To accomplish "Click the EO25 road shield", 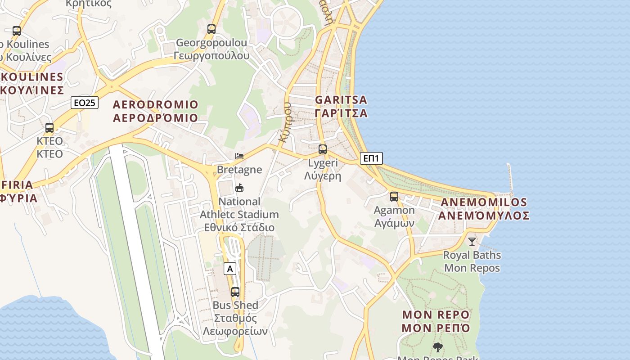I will [x=85, y=103].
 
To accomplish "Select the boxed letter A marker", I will [x=230, y=269].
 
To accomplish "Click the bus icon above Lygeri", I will [x=323, y=149].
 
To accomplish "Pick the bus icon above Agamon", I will [x=394, y=197].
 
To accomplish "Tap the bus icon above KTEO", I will [x=49, y=128].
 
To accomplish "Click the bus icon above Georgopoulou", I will [x=211, y=29].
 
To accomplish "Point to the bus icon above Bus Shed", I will [x=235, y=292].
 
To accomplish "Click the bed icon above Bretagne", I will [x=239, y=156].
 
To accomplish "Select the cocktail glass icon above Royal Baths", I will [x=472, y=242].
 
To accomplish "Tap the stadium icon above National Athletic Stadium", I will [x=239, y=188].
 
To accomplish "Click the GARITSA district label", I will [x=341, y=106].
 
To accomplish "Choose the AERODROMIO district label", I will [x=155, y=111].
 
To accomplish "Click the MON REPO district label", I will [x=436, y=321].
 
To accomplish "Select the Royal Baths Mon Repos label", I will [x=472, y=261].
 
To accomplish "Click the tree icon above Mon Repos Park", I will [x=437, y=347].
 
